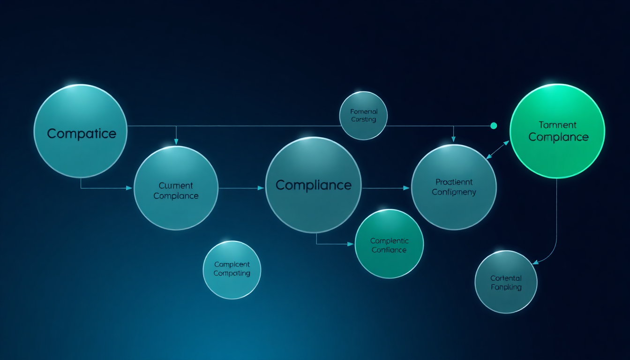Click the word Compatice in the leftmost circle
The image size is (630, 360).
81,134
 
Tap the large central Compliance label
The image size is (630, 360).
313,185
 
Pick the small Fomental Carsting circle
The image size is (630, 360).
363,116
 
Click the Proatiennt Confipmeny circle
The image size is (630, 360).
453,187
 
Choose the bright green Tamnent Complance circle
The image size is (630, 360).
557,131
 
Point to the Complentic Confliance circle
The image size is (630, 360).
389,245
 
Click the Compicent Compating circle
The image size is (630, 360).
232,270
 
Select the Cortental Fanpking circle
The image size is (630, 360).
506,282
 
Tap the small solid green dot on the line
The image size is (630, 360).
493,126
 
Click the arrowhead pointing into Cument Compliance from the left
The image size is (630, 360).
130,188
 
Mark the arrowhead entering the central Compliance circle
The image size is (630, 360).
262,188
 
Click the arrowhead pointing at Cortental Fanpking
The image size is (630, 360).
535,262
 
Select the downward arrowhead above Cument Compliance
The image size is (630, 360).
176,142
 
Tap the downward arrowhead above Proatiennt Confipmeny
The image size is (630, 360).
453,139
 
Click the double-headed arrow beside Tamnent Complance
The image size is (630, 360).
498,150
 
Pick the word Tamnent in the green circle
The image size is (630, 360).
557,125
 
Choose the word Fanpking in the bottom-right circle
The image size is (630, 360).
506,287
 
